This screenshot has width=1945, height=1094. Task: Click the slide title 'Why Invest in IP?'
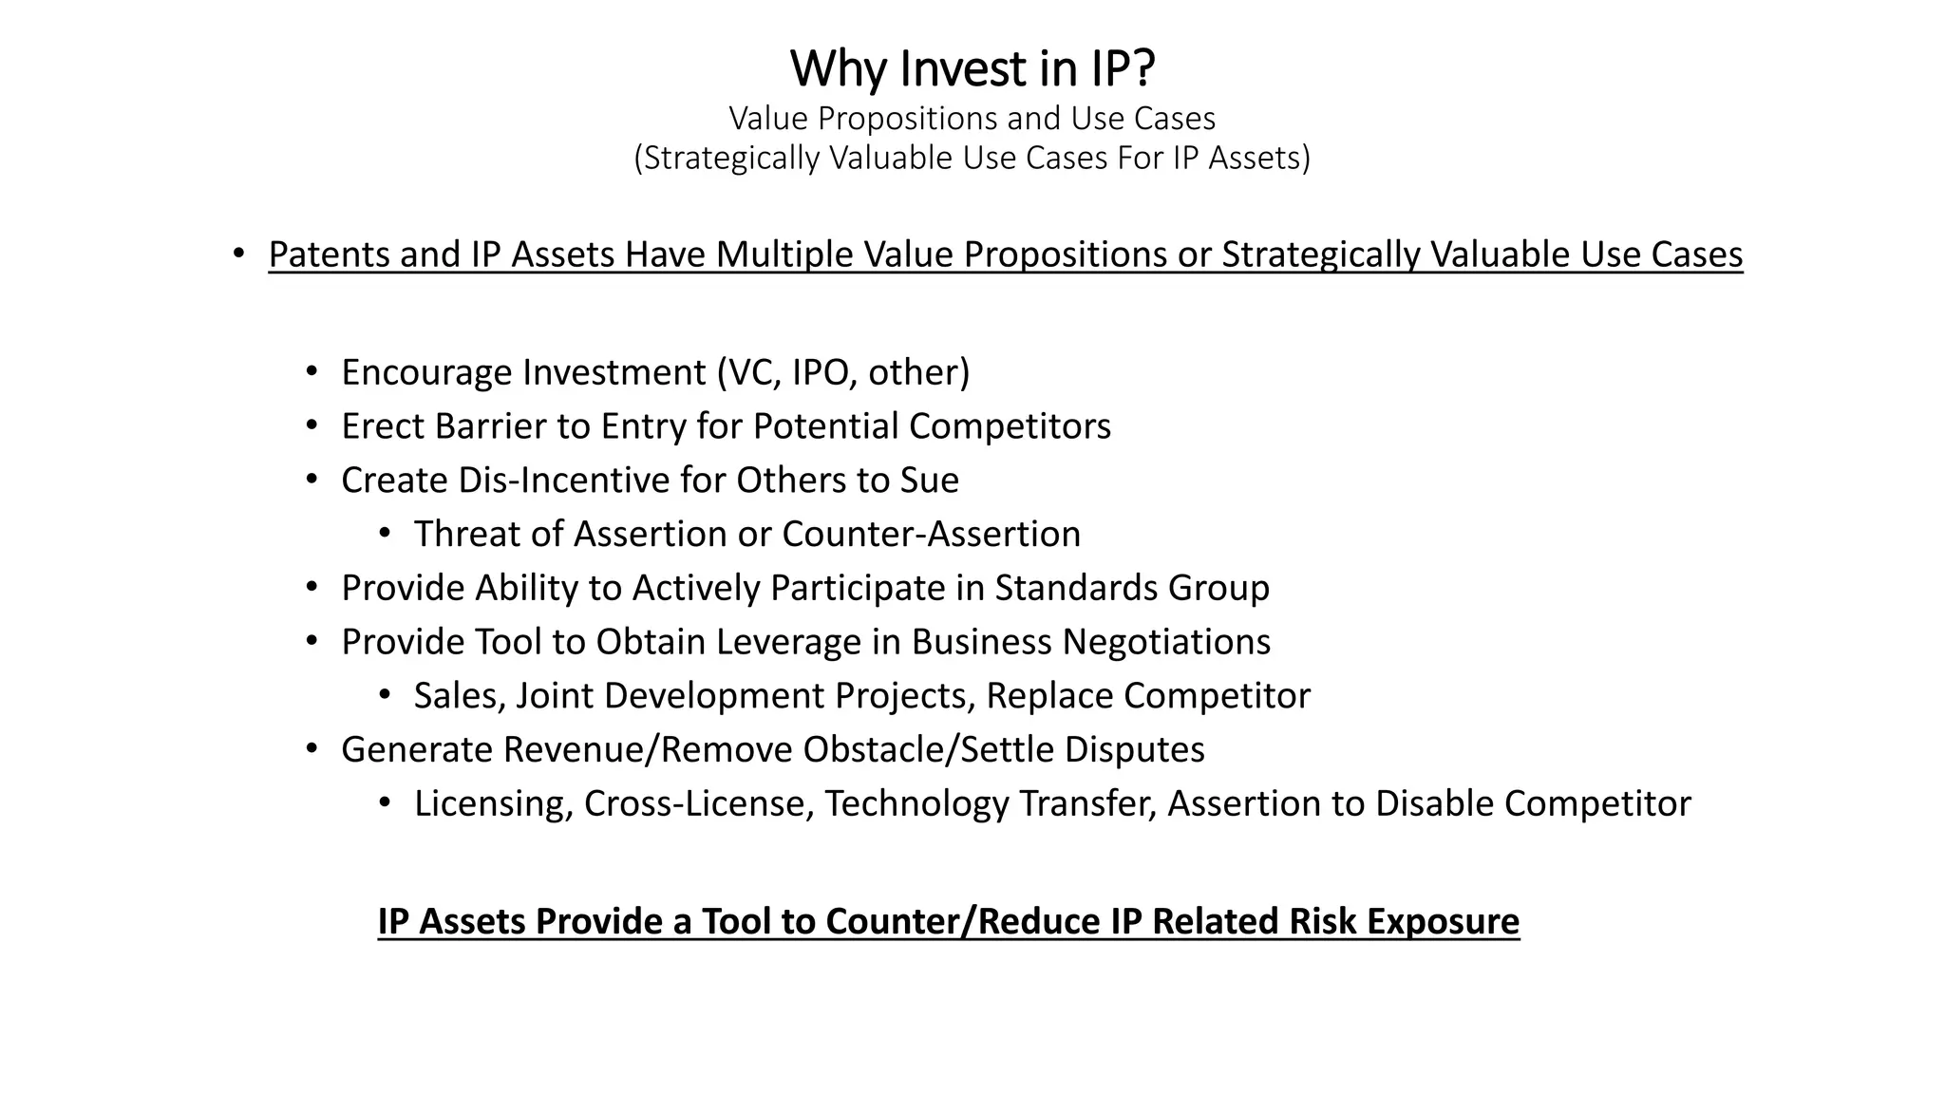point(972,68)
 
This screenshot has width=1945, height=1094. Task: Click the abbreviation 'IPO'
point(820,372)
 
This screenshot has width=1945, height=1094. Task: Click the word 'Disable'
point(1434,804)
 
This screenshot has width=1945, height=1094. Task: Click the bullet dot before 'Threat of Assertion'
point(385,535)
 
